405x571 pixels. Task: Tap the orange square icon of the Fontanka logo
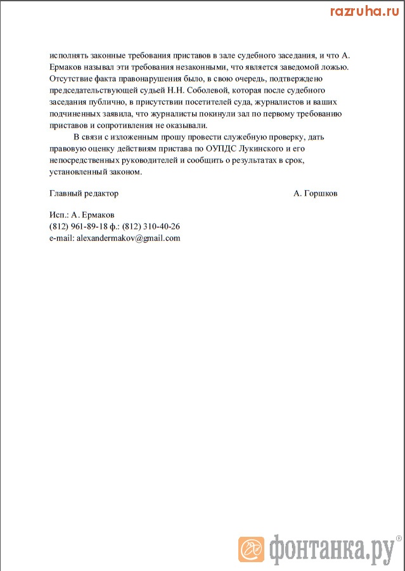tap(251, 549)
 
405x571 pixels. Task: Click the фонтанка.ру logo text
tap(329, 550)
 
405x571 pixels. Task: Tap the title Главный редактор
tap(83, 193)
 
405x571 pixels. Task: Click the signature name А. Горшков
tap(316, 193)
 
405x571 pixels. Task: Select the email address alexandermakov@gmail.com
tap(128, 238)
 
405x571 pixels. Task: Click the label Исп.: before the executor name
tap(59, 215)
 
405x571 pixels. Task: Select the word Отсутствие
tap(70, 79)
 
